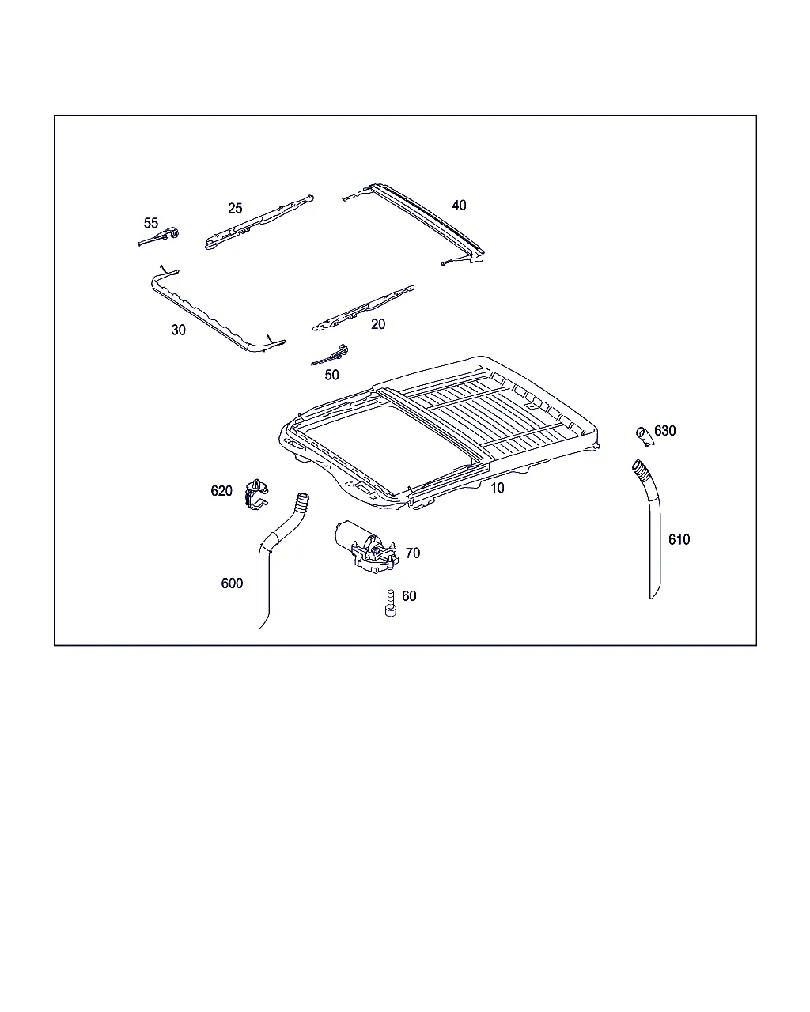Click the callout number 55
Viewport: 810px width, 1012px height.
[x=150, y=223]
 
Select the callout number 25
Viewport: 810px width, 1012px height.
[x=235, y=208]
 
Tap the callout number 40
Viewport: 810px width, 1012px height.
[x=459, y=206]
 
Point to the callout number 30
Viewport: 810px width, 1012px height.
[x=178, y=330]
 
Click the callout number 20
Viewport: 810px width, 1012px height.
[x=378, y=324]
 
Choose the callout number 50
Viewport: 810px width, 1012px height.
[x=331, y=375]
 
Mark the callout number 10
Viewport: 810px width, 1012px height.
[x=497, y=488]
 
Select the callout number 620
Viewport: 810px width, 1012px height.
[x=221, y=491]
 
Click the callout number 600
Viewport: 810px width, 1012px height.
[x=232, y=583]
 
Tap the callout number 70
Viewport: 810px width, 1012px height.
[x=413, y=553]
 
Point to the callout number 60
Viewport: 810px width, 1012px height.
[x=409, y=596]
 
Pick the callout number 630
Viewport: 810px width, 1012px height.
[x=665, y=431]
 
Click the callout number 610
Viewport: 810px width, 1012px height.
[x=679, y=539]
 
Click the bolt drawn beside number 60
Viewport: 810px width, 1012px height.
[x=390, y=603]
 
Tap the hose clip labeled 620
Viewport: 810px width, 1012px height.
[x=256, y=495]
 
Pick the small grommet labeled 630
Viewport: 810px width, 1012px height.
[x=645, y=436]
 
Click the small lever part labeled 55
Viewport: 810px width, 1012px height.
[x=159, y=237]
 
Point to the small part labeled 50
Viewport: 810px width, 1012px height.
[x=331, y=356]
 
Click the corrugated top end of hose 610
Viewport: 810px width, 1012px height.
[x=641, y=469]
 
